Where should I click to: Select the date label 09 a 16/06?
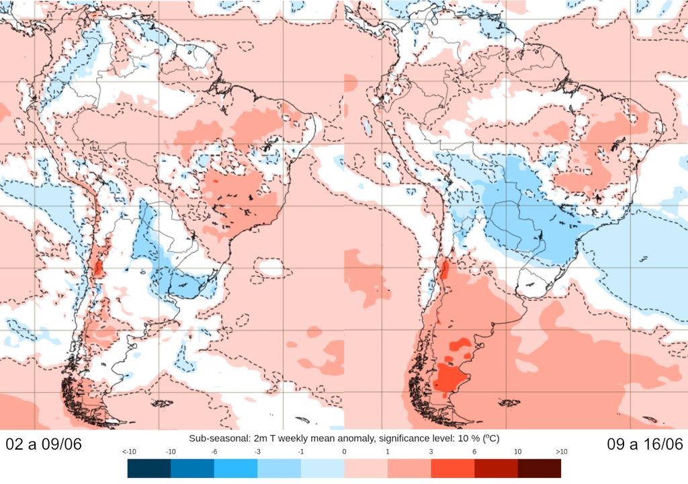644,444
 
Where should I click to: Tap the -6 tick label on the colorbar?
214,452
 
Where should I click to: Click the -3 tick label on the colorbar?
257,452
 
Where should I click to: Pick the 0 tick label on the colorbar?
344,452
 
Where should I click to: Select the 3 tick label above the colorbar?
431,452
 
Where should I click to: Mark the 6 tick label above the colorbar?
474,452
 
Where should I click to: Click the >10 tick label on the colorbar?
561,452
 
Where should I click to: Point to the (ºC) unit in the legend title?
488,438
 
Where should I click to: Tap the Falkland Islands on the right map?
507,403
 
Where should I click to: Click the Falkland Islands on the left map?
163,403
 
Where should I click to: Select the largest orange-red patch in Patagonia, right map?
448,378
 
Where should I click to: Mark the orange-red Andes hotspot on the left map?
98,266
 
